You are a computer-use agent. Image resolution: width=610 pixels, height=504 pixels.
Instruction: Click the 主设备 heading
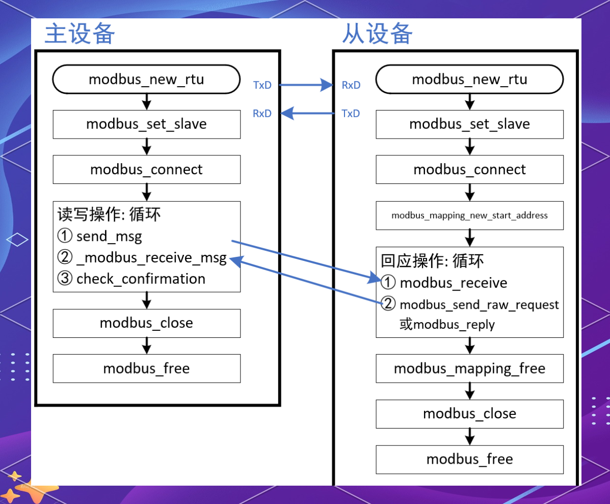pos(79,34)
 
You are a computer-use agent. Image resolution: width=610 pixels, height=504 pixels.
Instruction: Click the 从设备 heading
pos(377,34)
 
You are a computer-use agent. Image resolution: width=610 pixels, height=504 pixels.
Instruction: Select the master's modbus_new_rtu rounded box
pos(146,79)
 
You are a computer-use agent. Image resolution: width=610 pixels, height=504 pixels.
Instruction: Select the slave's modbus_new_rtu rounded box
pos(469,79)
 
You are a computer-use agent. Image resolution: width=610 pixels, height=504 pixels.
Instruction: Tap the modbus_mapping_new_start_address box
pos(469,215)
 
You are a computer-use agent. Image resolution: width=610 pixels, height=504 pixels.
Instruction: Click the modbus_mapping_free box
pos(469,368)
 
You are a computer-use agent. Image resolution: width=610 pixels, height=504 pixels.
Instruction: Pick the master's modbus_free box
pos(146,368)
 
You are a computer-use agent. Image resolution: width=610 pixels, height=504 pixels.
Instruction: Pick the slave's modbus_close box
pos(469,414)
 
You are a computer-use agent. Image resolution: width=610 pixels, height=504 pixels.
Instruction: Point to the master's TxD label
pos(262,85)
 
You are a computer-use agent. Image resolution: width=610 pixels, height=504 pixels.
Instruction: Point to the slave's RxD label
pos(351,85)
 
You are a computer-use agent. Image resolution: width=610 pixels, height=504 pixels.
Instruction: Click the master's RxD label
pos(262,113)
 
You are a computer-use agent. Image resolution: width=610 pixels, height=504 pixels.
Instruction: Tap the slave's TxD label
pos(351,113)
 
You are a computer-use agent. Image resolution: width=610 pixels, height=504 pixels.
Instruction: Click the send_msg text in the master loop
pos(109,236)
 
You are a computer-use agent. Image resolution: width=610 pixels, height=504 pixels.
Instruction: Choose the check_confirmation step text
pos(141,279)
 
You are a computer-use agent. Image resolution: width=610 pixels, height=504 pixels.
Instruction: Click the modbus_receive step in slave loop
pos(453,283)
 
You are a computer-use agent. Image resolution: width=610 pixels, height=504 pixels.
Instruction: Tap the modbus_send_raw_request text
pos(479,305)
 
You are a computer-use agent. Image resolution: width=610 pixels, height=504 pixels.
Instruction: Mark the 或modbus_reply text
pos(447,325)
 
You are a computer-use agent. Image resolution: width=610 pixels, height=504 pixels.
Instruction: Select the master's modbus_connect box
pos(146,170)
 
